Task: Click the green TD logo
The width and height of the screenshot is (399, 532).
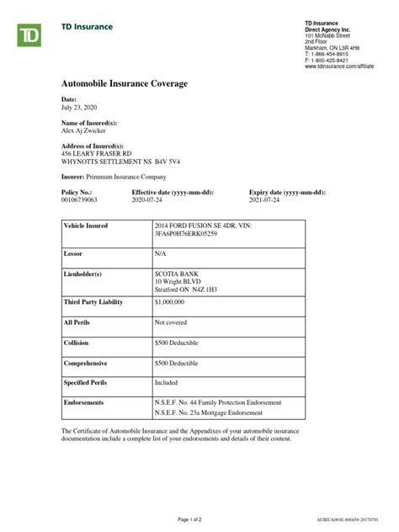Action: pos(31,35)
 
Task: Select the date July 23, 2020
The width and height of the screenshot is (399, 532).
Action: pos(80,108)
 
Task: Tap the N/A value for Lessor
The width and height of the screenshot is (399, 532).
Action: pos(161,253)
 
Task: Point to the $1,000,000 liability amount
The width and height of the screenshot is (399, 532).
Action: pos(173,301)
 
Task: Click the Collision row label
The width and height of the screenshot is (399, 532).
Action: pos(77,343)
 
